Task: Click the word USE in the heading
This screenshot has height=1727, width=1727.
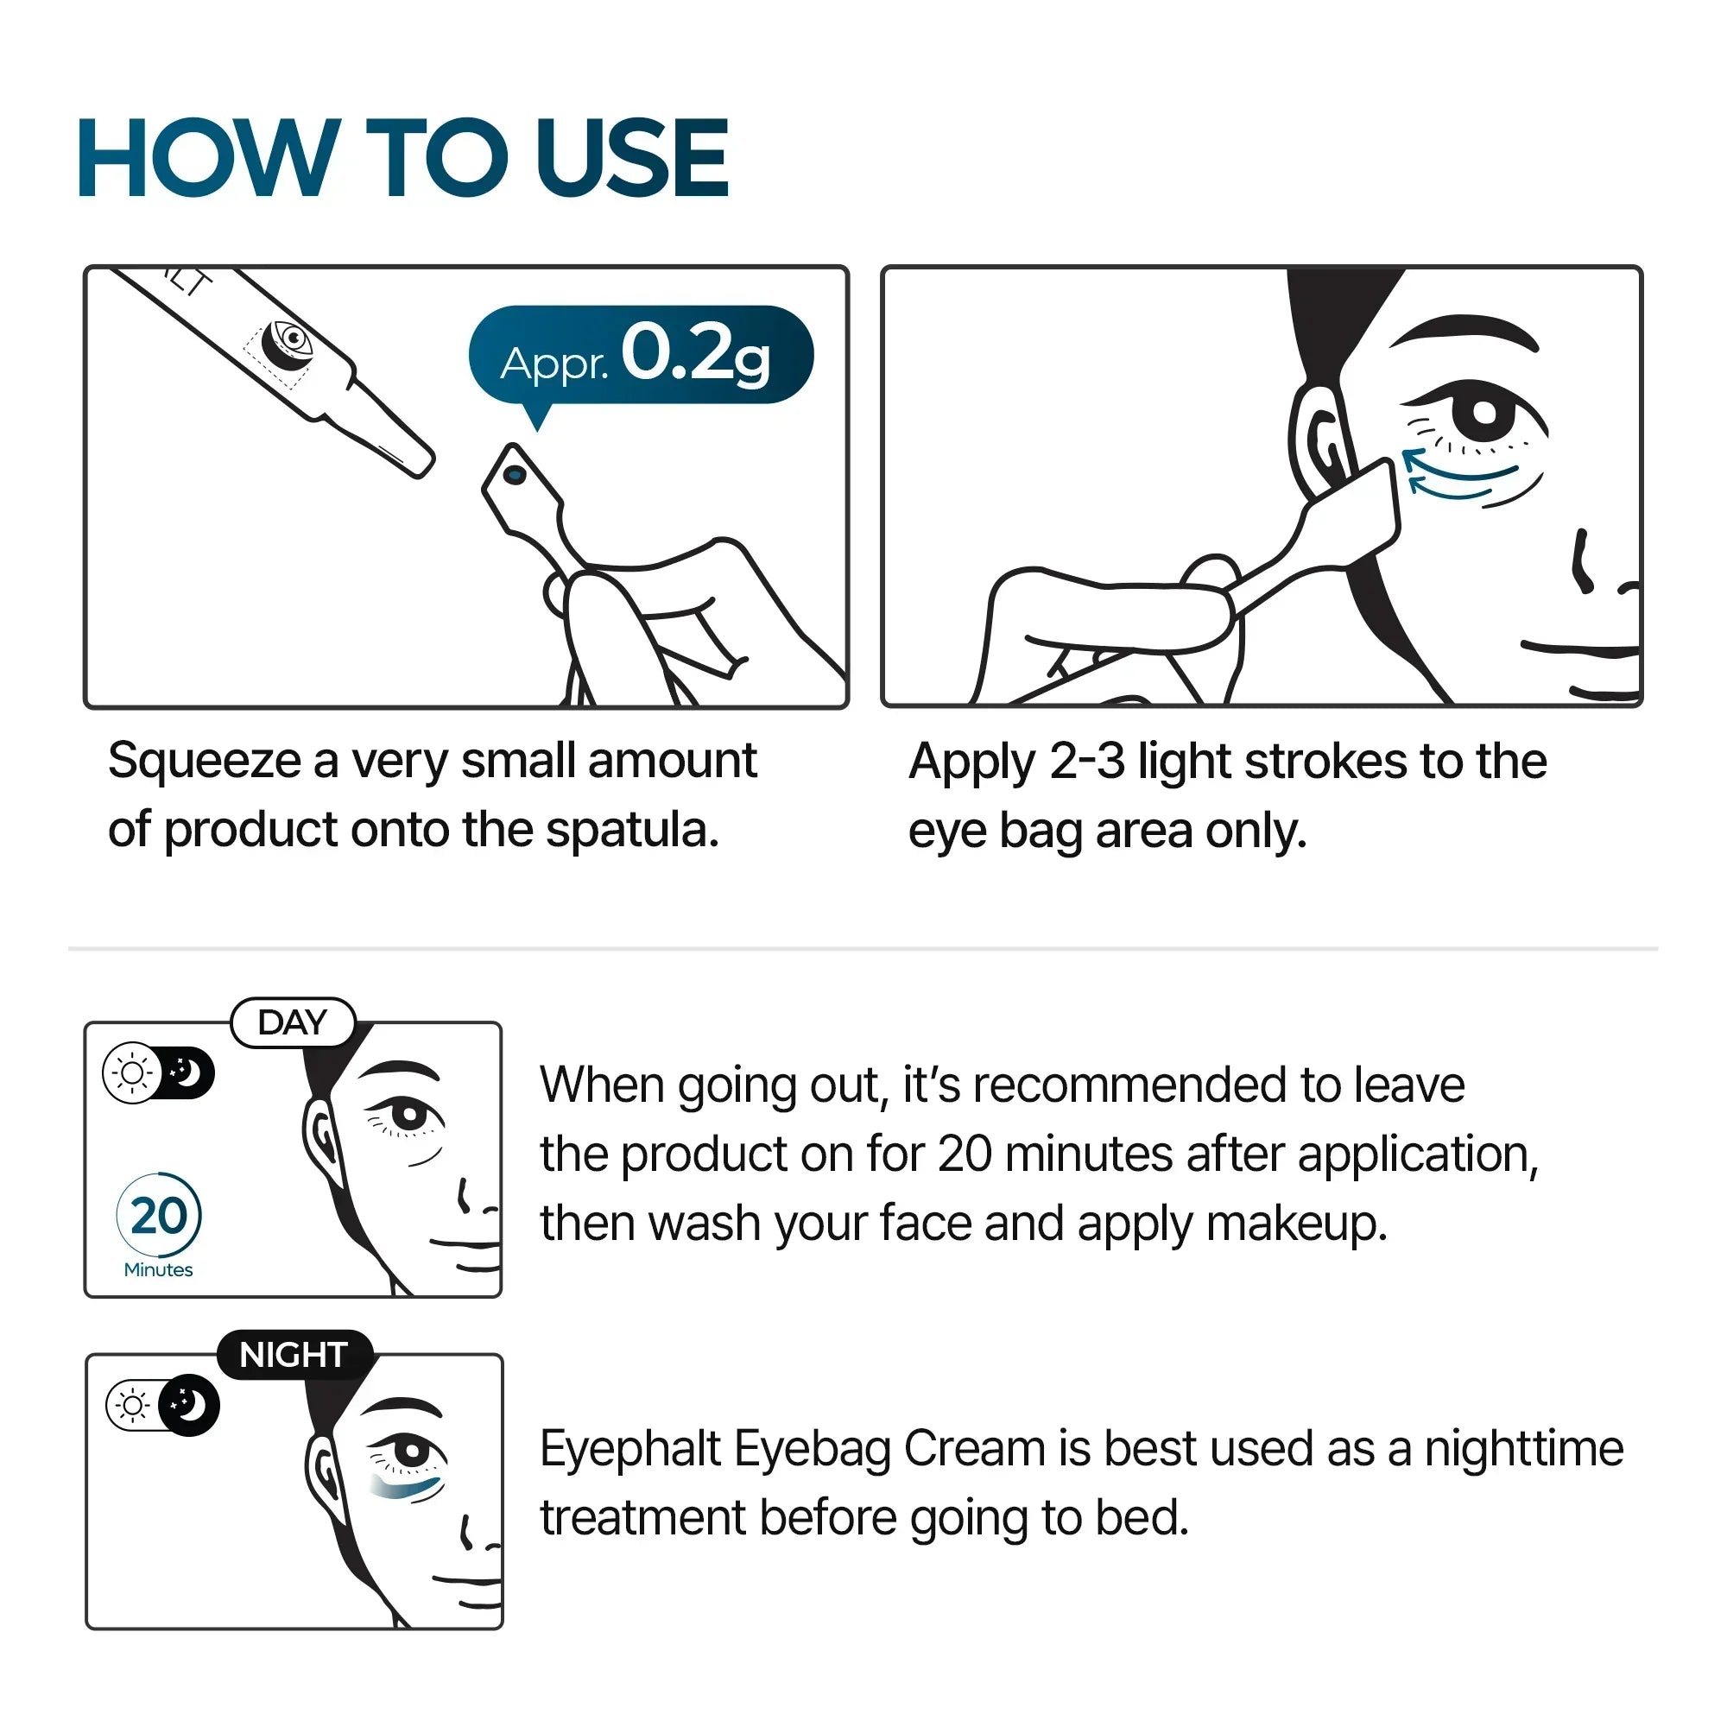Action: [631, 158]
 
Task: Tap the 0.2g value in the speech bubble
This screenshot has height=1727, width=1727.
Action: [694, 354]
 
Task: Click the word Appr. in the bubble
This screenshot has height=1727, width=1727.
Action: [554, 363]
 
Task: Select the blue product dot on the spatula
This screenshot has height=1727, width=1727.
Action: [515, 475]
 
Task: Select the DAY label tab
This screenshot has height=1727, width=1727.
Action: [293, 1022]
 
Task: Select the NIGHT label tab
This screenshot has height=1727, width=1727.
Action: [294, 1355]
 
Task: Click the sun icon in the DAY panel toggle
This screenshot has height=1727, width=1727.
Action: [132, 1072]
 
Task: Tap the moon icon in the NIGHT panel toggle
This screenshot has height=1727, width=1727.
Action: [189, 1405]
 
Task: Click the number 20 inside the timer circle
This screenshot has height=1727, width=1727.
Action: [159, 1216]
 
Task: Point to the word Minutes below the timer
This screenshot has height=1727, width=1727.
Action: [158, 1270]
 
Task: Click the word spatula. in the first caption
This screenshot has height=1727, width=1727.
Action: [632, 831]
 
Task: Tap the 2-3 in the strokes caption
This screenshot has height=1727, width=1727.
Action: [1086, 762]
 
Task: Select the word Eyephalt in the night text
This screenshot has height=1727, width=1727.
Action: [630, 1449]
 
